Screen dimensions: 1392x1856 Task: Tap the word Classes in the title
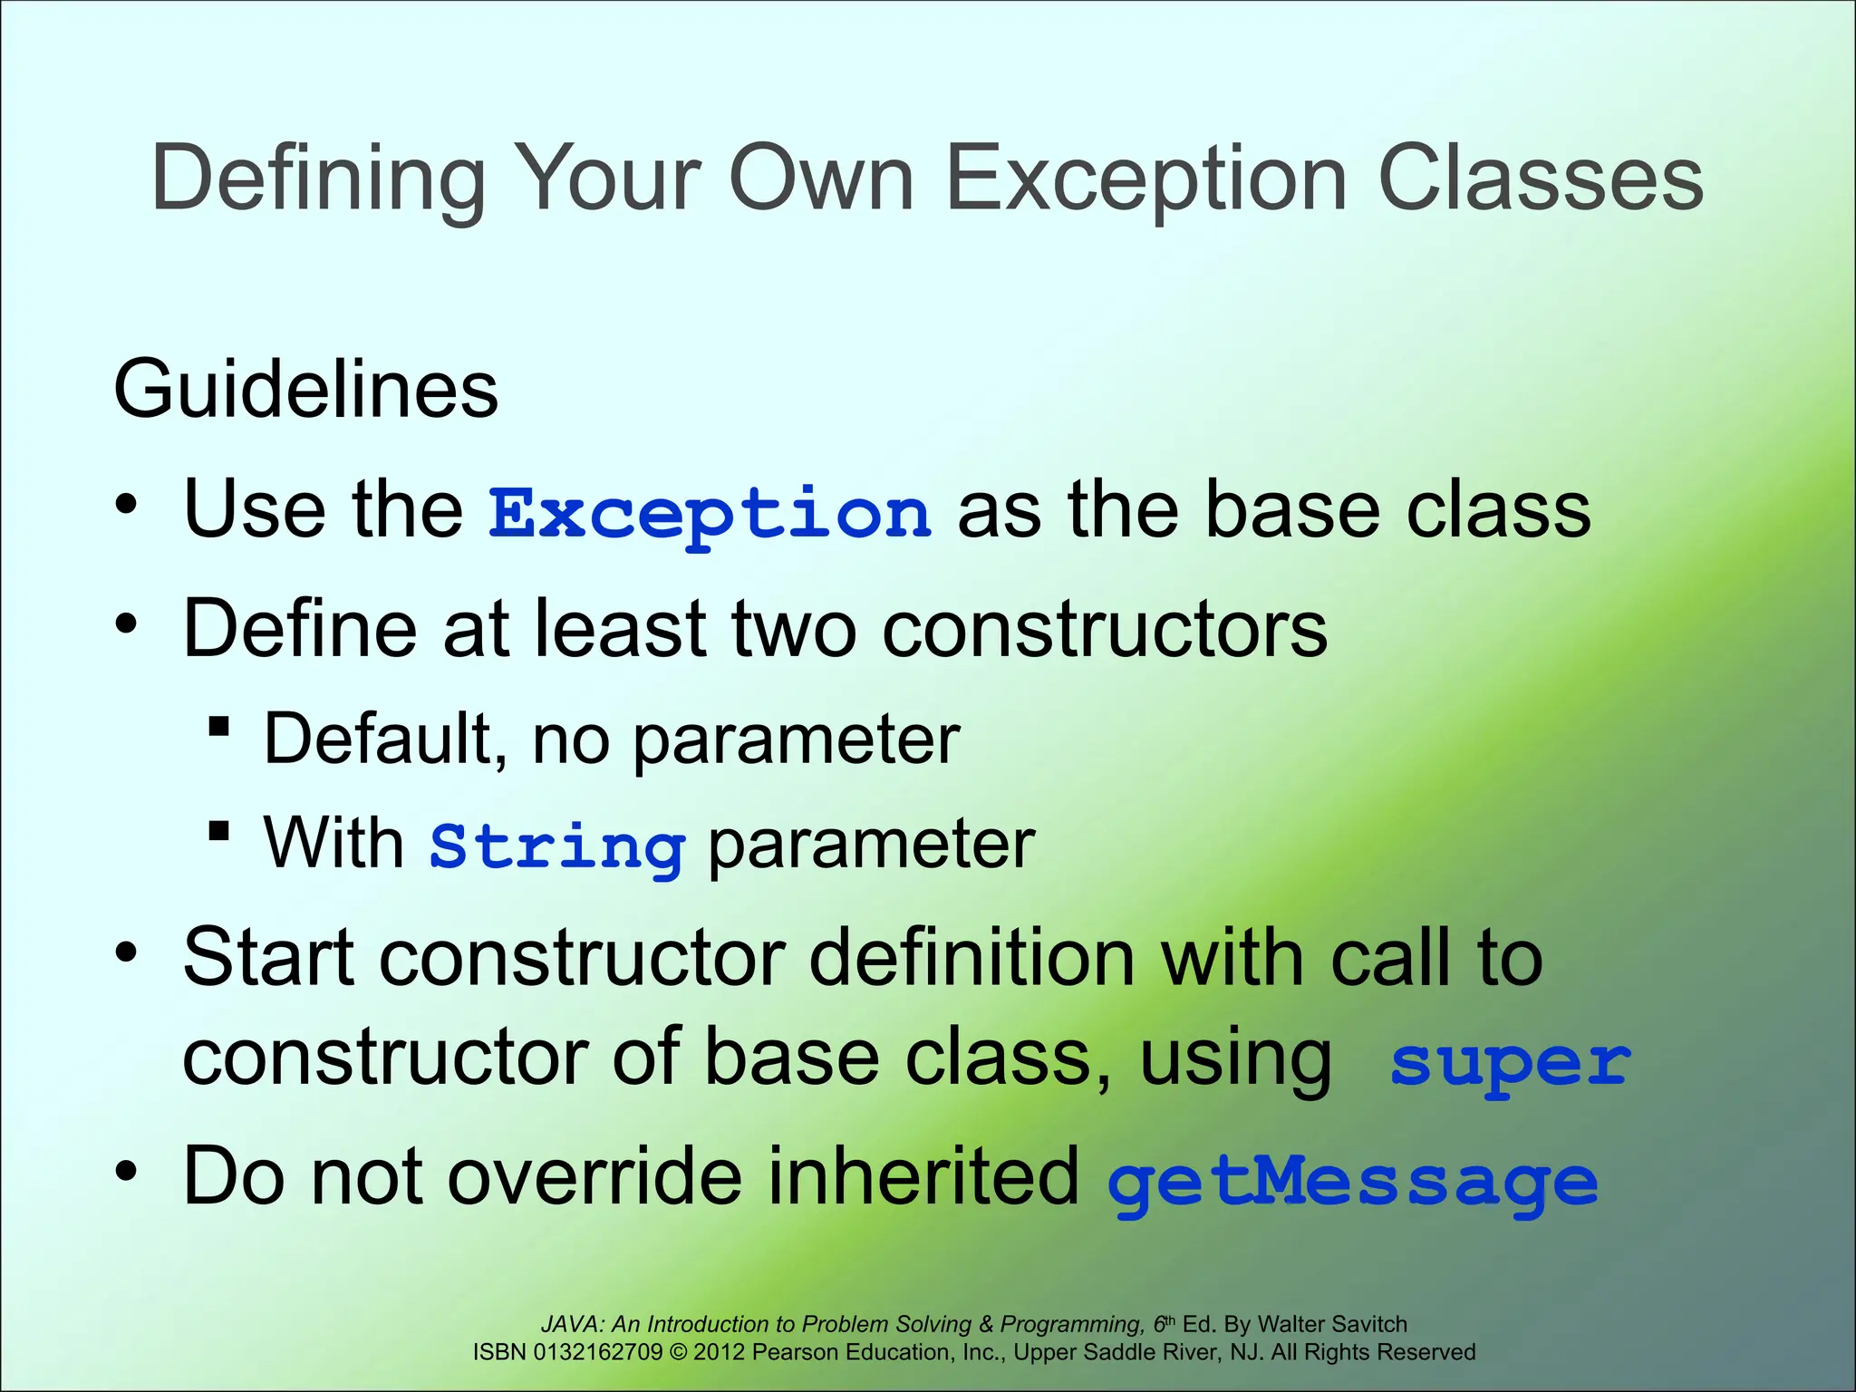coord(1540,179)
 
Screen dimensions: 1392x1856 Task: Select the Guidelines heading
coord(305,390)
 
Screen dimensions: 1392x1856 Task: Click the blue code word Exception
coord(710,514)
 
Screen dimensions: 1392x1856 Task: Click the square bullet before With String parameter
coord(218,831)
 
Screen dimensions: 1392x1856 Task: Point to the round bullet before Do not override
coord(126,1172)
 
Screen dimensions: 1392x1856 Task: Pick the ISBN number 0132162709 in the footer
coord(598,1352)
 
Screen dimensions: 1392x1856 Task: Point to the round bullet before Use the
coord(126,503)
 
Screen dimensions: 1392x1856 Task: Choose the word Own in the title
coord(821,179)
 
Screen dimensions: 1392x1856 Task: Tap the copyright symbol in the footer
coord(678,1352)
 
